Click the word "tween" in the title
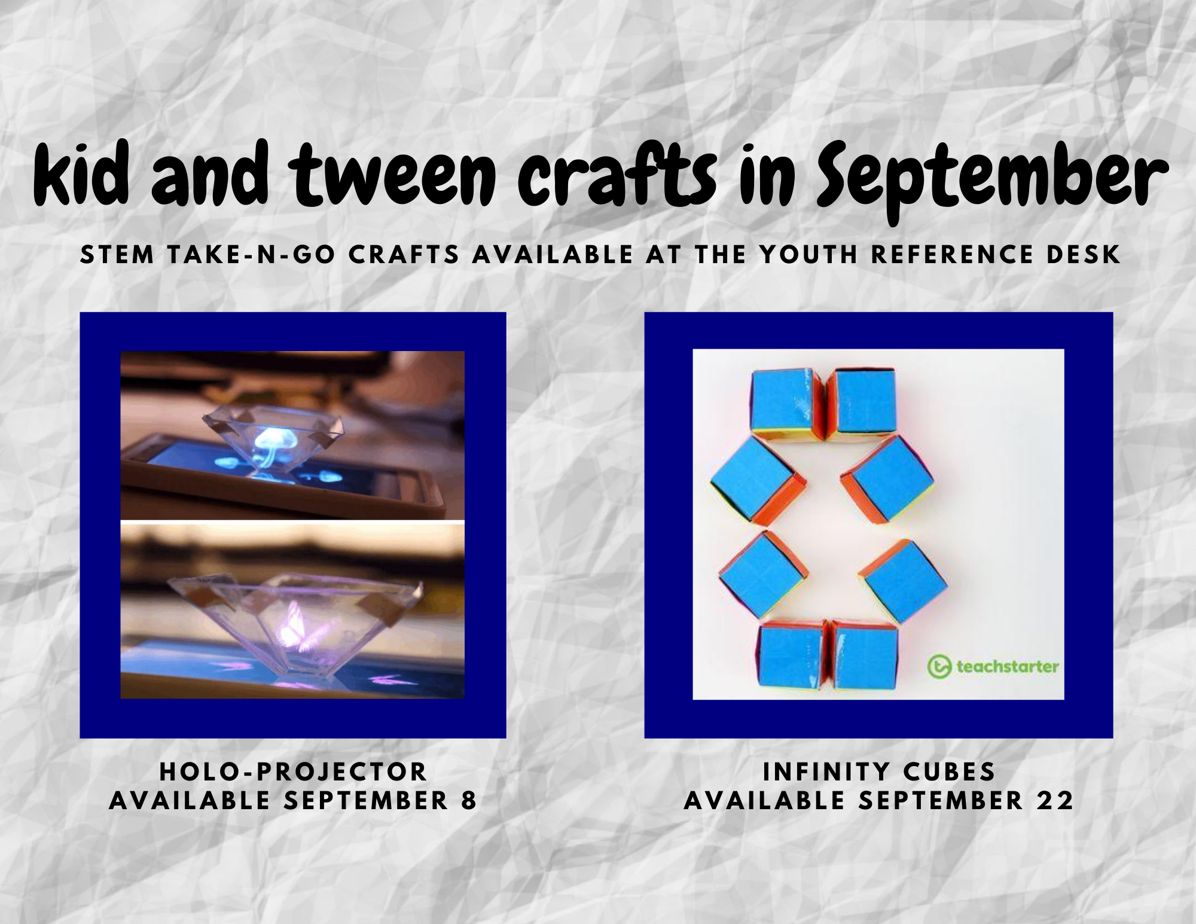pos(395,175)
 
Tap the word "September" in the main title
pos(993,179)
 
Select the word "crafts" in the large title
pos(617,173)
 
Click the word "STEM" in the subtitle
pos(117,255)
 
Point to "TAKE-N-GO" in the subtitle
pos(251,255)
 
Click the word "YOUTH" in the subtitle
pos(809,255)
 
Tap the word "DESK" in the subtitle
pos(1083,255)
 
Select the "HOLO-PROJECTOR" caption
pos(293,772)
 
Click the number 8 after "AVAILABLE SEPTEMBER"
pos(469,801)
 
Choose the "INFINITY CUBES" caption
pos(879,772)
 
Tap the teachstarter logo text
pos(1008,666)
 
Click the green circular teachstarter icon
pos(939,667)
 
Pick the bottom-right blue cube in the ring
pos(865,658)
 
